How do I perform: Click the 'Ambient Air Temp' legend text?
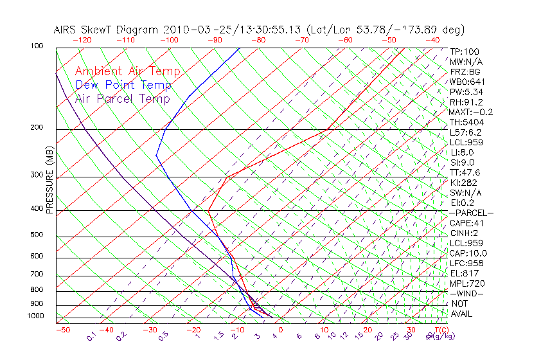(x=127, y=72)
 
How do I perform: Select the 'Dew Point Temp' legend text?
(x=123, y=85)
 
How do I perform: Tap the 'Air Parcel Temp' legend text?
(x=122, y=99)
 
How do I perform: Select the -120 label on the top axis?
(x=82, y=40)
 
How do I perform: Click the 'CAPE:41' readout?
(x=467, y=223)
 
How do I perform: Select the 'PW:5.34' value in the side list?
(x=466, y=92)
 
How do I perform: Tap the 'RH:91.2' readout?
(x=466, y=102)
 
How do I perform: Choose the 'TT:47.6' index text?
(x=466, y=173)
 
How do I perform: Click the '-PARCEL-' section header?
(x=471, y=213)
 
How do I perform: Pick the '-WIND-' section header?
(x=466, y=293)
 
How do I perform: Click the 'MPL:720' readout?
(x=467, y=283)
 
